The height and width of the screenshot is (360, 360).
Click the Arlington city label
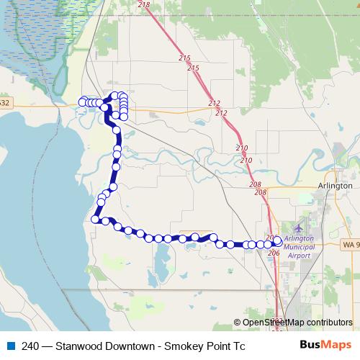[x=335, y=185]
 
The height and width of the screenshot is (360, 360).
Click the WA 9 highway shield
[x=350, y=245]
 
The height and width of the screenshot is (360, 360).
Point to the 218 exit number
[x=143, y=5]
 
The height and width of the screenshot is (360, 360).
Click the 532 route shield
[x=4, y=103]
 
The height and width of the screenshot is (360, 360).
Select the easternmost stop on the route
[x=278, y=241]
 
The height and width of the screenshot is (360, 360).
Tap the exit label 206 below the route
[x=273, y=253]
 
